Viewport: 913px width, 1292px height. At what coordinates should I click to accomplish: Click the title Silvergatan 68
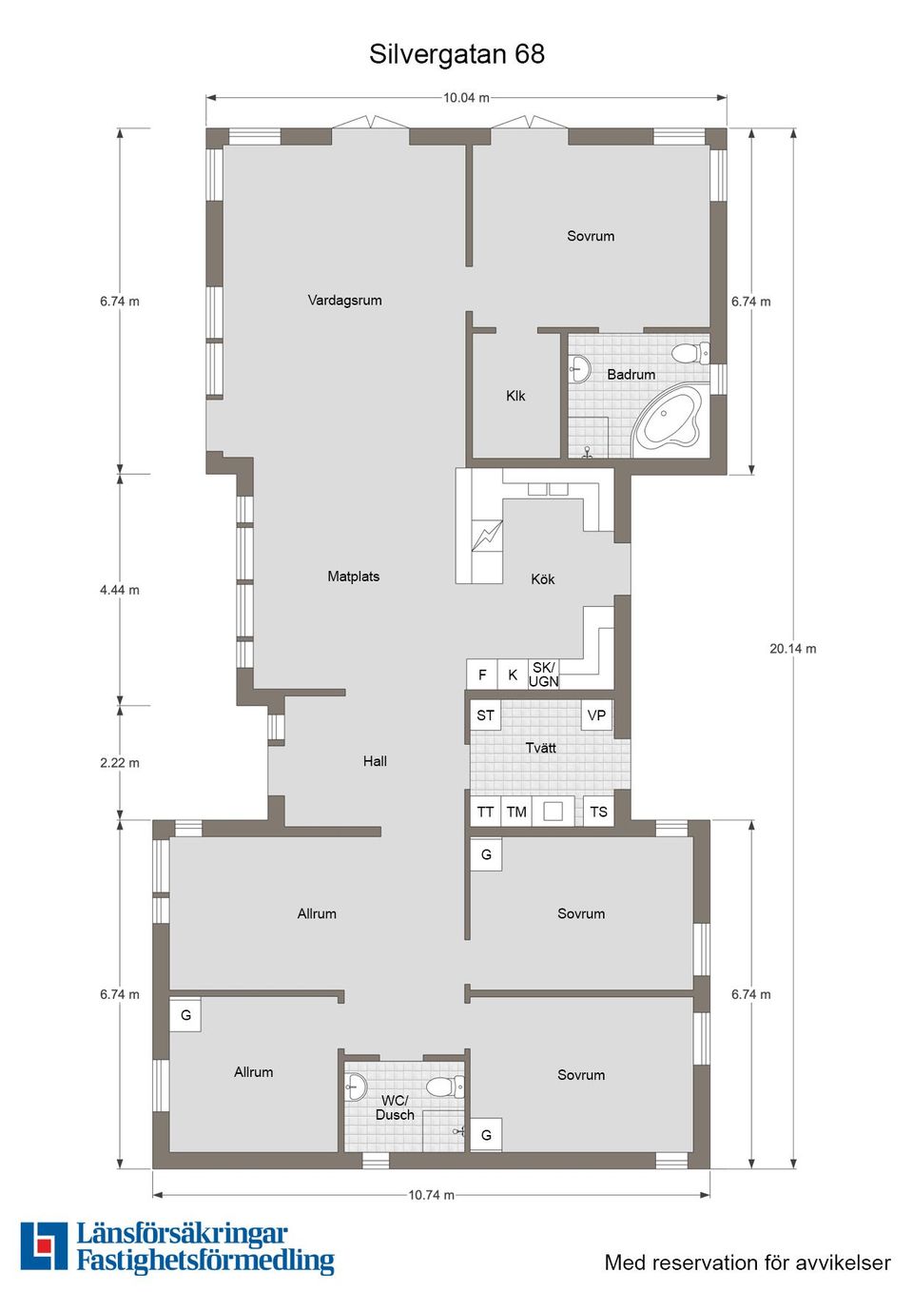[456, 54]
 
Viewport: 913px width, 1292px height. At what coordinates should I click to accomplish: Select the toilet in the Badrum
[690, 354]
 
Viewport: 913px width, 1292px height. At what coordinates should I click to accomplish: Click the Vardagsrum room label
[344, 300]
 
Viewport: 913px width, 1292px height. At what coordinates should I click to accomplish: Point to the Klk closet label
[515, 396]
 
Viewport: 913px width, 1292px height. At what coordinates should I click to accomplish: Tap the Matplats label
[353, 577]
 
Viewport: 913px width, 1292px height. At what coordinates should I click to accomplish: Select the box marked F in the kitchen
[482, 675]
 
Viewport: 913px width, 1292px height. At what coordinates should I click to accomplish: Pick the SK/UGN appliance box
[544, 675]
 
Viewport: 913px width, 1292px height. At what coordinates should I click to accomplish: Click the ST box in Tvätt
[485, 715]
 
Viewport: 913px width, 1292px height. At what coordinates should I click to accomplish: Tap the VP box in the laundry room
[596, 715]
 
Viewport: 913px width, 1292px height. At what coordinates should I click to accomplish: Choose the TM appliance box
[516, 812]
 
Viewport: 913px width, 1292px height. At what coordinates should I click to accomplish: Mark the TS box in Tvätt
[598, 812]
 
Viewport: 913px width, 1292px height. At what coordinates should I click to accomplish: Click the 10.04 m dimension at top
[466, 97]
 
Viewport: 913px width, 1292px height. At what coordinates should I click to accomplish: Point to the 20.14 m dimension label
[792, 649]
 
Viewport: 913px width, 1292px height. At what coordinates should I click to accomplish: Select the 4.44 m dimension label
[119, 590]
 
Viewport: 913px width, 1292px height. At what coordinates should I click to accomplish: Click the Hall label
[375, 761]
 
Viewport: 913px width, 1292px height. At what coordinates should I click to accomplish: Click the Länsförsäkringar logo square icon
[44, 1246]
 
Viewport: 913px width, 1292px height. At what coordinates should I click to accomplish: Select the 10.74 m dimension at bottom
[431, 1195]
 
